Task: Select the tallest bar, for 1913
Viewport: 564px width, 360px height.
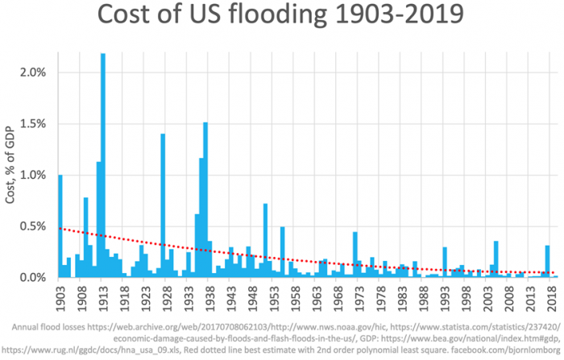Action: (x=103, y=169)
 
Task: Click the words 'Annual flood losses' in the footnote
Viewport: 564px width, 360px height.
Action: (x=56, y=329)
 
